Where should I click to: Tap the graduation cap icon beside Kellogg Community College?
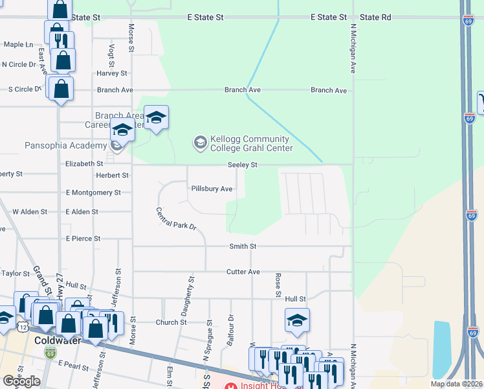(x=201, y=141)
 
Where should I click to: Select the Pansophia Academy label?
(x=65, y=145)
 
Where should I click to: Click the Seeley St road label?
(x=243, y=165)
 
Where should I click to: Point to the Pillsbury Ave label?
(x=212, y=189)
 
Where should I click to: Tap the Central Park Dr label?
(x=175, y=221)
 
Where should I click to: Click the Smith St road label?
(x=243, y=246)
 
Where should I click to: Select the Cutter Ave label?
(x=243, y=272)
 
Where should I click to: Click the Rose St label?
(x=278, y=285)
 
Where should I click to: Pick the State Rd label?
(x=375, y=18)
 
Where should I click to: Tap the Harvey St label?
(x=112, y=73)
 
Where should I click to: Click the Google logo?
(x=21, y=381)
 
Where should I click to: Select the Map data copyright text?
(x=457, y=384)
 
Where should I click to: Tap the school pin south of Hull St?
(x=297, y=320)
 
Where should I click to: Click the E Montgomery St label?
(x=93, y=193)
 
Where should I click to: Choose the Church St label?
(x=171, y=322)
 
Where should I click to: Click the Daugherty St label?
(x=188, y=296)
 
